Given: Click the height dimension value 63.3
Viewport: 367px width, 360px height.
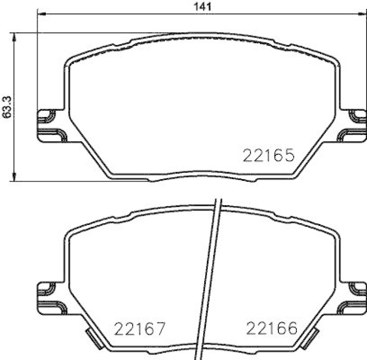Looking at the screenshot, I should (x=6, y=107).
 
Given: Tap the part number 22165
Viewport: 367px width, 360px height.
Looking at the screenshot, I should (x=267, y=156).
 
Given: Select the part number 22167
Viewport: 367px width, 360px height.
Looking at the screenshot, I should (x=139, y=328).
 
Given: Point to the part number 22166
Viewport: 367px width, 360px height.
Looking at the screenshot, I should (x=272, y=328).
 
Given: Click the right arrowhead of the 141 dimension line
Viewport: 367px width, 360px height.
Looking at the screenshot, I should (x=362, y=14).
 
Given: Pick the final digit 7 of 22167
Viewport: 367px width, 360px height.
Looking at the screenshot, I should (x=159, y=328).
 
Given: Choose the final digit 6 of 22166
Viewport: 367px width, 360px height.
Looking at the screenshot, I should (x=292, y=328).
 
